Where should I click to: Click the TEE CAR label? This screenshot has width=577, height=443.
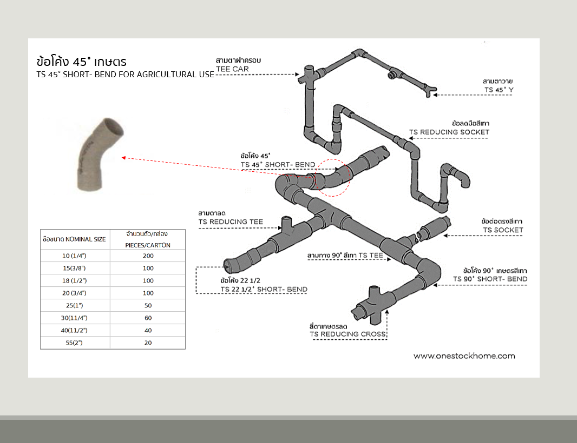tap(232, 69)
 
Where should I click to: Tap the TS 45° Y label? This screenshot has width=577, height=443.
tap(499, 90)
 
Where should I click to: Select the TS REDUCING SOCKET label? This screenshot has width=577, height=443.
tap(449, 132)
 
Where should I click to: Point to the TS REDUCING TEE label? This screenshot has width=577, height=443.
tap(231, 222)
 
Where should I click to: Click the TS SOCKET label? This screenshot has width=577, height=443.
tap(503, 230)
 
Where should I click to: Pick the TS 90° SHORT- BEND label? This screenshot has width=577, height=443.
tap(490, 279)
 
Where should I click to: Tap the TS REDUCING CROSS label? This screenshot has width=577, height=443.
tap(347, 334)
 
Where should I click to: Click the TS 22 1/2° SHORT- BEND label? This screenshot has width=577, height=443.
tap(264, 289)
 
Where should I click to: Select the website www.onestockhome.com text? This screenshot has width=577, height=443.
tap(464, 355)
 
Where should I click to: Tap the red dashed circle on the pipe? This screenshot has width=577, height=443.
tap(333, 177)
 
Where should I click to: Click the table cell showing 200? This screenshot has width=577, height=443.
tap(148, 255)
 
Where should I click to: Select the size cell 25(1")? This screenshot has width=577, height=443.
tap(75, 305)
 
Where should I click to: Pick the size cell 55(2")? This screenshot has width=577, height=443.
tap(75, 343)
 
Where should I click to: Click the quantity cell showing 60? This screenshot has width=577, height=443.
tap(148, 318)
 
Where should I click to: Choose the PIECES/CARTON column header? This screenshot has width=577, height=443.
tap(148, 245)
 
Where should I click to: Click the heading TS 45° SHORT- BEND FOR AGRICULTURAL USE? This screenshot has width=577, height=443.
tap(125, 75)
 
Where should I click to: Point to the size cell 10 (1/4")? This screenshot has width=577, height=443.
tap(75, 255)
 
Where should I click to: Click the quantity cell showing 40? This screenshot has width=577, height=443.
tap(148, 330)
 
